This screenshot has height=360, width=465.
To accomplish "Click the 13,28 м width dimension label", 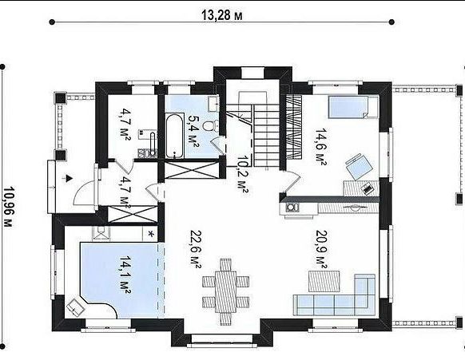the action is pos(222,15).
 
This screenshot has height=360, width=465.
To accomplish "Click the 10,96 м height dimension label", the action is pos(9,207).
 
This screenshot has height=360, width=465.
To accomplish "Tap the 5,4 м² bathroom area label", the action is pos(193,129).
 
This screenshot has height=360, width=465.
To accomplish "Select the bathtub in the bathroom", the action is pos(174,136).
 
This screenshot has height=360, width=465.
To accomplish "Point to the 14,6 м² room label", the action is pos(320,147).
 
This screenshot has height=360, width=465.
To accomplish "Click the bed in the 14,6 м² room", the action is pos(352,107).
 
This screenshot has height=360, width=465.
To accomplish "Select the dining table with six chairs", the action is pos(225,291).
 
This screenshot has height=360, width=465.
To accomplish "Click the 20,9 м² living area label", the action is pos(321,250).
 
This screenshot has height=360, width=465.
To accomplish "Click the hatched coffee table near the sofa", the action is pos(324,281).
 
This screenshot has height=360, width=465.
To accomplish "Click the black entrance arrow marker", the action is pos(69,178).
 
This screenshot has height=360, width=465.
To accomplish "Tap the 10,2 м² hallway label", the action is pos(242,175).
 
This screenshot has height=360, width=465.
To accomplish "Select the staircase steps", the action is pos(266,136).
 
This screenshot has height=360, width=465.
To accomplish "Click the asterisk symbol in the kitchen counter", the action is pos(151,234).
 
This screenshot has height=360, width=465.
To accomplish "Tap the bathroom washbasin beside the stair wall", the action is pos(213,104).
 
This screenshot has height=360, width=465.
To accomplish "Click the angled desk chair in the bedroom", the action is pos(359,166).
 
